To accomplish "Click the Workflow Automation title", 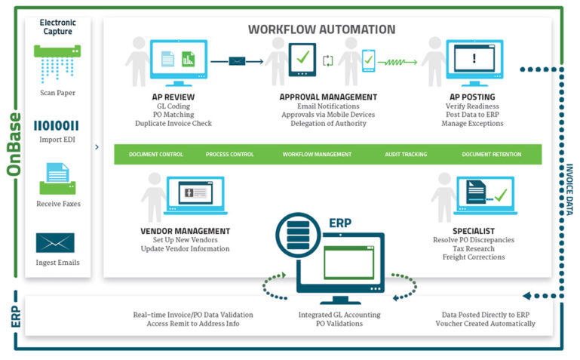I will point(321,29).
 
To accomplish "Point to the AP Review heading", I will point(173,97).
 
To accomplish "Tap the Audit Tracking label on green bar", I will point(407,154).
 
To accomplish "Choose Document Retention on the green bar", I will point(491,154).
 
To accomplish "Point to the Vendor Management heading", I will point(185,231).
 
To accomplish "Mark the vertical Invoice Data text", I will point(569,192).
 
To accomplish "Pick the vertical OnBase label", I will point(13,144).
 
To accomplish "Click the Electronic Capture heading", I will point(57,28).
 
